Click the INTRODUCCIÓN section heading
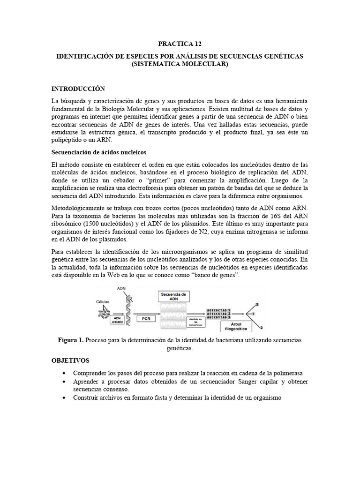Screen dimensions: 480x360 (78, 89)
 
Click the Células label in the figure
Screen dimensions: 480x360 (105, 302)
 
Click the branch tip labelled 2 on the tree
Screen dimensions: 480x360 (262, 328)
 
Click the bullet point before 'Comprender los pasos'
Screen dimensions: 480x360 (64, 373)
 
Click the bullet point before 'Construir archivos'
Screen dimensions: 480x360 (64, 398)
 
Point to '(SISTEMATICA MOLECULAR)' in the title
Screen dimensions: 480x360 (180, 64)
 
